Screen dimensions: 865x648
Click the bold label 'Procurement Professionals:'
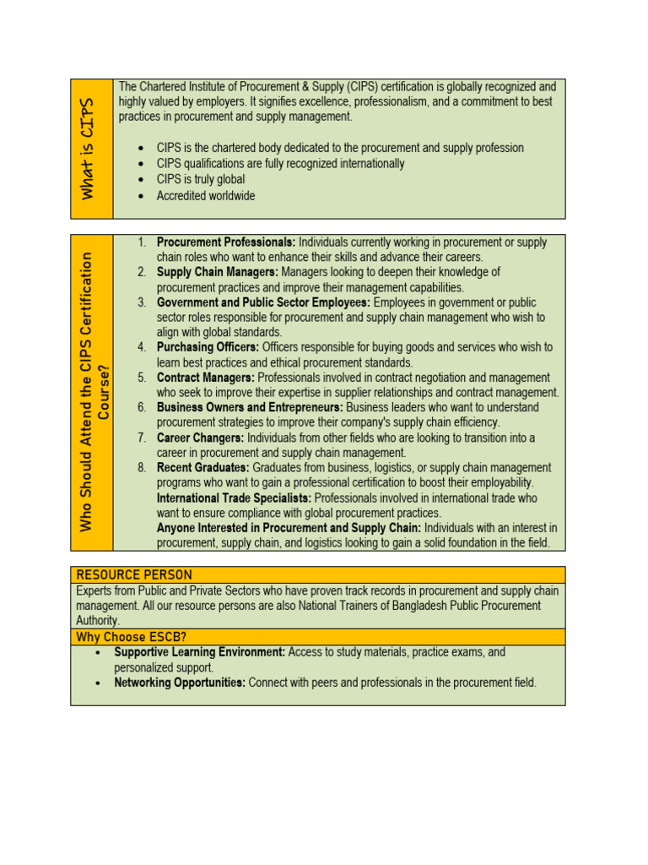coord(225,242)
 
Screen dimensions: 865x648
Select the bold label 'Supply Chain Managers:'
coord(218,272)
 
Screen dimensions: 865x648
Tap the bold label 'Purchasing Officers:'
coord(208,347)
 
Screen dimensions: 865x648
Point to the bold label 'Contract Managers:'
coord(206,378)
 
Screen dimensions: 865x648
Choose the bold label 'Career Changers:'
coord(200,438)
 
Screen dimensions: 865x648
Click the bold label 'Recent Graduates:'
coord(202,468)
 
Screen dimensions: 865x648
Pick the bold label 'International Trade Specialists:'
coord(234,498)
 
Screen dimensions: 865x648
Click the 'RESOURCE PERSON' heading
coord(134,574)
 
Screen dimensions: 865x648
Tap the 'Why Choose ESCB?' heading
coord(121,637)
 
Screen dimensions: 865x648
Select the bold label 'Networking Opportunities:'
coord(180,683)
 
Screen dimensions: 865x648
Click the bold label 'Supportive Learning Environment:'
coord(200,652)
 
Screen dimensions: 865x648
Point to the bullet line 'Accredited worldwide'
coord(205,196)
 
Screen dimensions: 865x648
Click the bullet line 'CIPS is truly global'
coord(201,179)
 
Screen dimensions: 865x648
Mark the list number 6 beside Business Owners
coord(143,407)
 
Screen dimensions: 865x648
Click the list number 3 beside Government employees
coord(143,302)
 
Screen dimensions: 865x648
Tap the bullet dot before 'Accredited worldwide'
coord(141,196)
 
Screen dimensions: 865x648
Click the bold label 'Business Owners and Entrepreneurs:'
coord(250,407)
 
